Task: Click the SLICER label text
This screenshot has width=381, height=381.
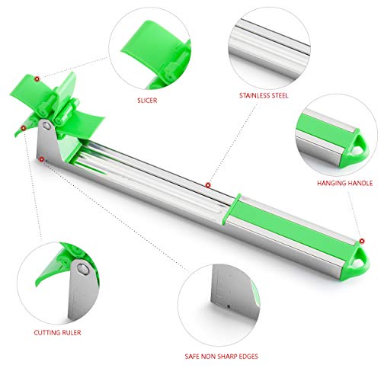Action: (x=147, y=101)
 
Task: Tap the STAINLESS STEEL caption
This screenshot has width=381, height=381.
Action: (x=264, y=95)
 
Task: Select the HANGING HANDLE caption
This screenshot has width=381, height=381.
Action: (x=344, y=183)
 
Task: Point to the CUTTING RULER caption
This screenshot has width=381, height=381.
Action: (x=57, y=332)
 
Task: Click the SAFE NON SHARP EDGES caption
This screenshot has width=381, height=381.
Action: (x=222, y=357)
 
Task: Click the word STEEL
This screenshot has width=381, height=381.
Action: (x=279, y=95)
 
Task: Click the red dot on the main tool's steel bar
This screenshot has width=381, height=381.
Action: (x=208, y=185)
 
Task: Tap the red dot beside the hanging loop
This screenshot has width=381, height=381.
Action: (x=362, y=241)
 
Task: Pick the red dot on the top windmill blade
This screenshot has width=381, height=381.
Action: (x=37, y=78)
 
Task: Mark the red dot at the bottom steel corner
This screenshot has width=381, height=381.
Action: (x=41, y=159)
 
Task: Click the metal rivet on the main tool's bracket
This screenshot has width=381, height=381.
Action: (x=46, y=126)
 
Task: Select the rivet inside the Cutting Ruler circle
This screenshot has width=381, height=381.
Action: (x=82, y=269)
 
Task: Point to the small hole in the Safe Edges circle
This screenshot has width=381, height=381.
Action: (x=229, y=306)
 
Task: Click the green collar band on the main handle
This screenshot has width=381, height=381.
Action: (x=231, y=210)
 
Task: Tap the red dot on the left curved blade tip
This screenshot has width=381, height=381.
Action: (x=23, y=128)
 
